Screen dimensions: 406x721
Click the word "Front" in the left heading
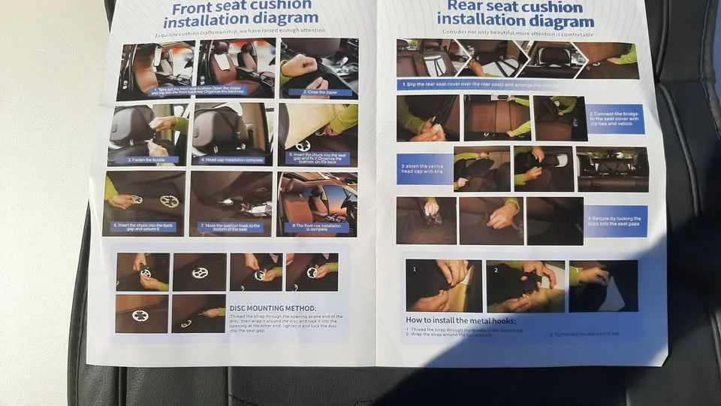pos(195,8)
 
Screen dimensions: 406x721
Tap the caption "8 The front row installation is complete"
pos(316,228)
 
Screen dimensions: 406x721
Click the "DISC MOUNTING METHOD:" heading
pos(273,308)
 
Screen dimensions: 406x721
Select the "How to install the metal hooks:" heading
pos(460,321)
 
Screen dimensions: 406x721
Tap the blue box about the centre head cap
pos(424,169)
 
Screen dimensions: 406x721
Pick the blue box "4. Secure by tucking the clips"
pos(615,221)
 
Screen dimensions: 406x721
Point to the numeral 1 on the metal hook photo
pos(414,268)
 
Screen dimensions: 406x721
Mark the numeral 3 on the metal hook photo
pos(576,270)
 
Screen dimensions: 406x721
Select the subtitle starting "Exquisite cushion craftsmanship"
pos(240,32)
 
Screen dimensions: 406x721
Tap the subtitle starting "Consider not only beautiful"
pos(517,34)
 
